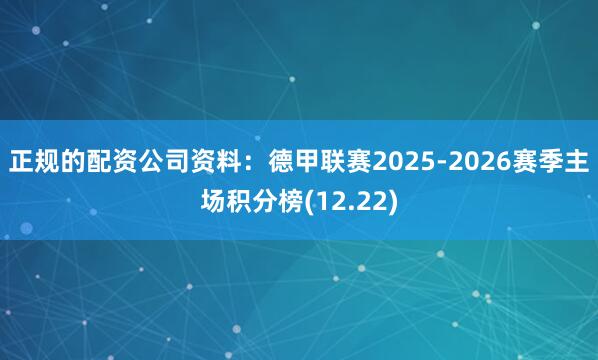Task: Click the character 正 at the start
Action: [x=21, y=163]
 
